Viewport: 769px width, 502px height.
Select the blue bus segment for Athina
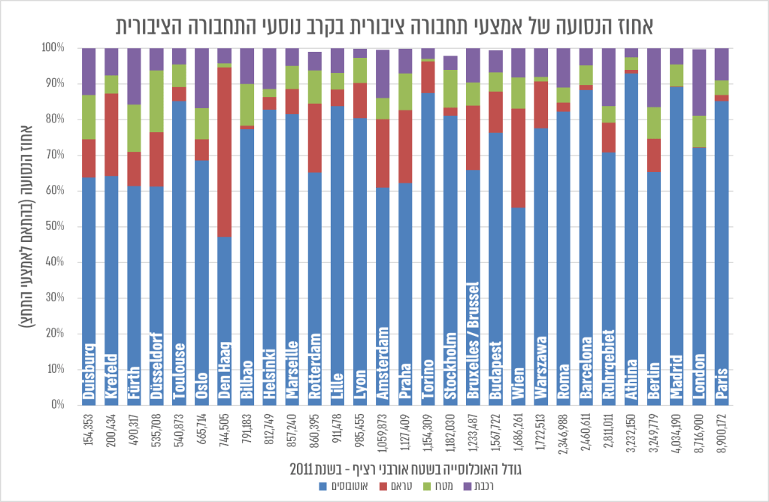tap(631, 225)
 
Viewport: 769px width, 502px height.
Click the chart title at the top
tap(384, 25)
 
